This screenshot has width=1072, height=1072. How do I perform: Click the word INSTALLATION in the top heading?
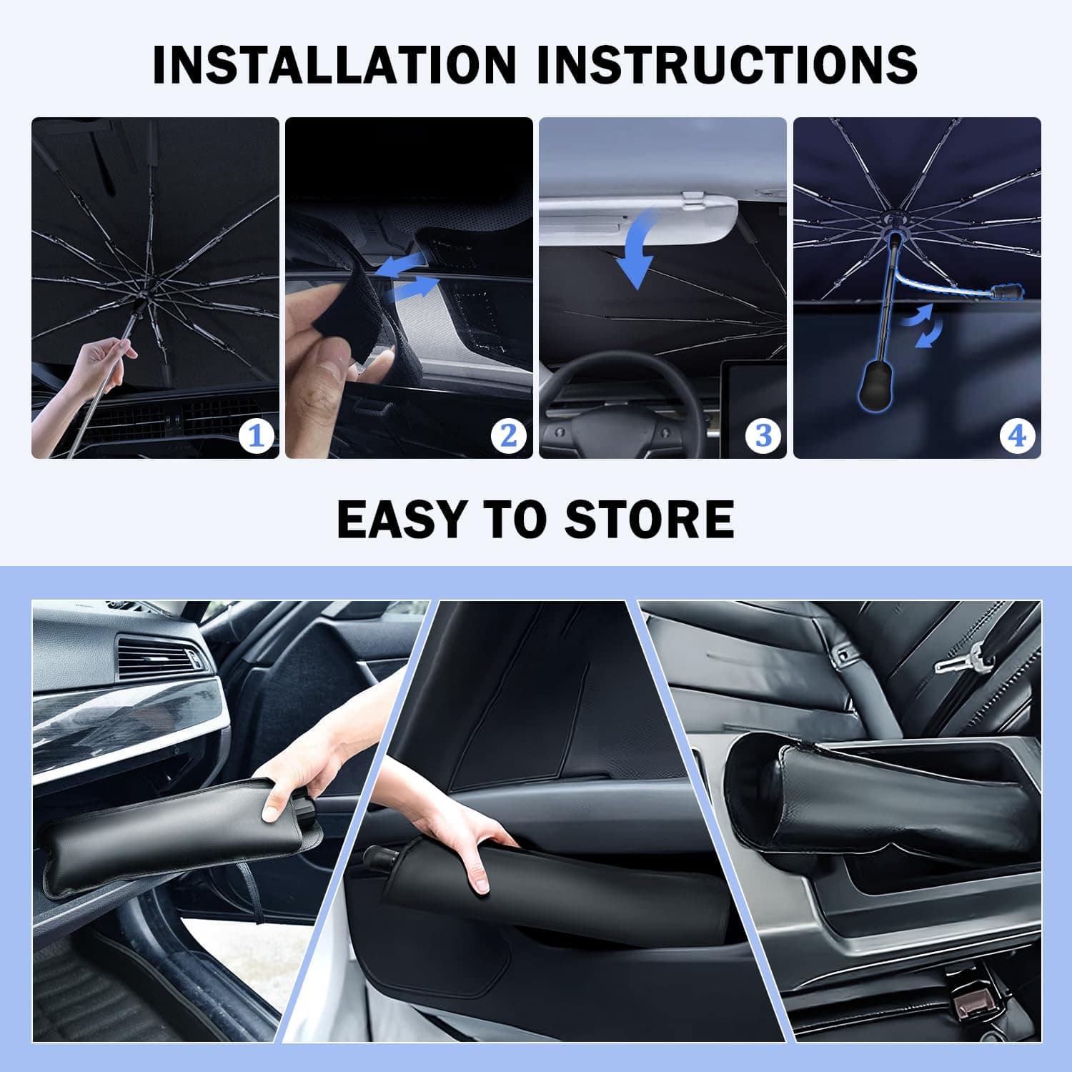(334, 64)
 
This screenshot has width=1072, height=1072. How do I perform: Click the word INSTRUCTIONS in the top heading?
(728, 64)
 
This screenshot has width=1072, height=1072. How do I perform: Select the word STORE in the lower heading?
(649, 520)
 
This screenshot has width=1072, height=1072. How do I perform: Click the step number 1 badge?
(256, 435)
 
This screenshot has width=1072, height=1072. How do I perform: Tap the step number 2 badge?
(509, 435)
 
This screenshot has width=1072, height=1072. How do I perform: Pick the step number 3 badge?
(763, 435)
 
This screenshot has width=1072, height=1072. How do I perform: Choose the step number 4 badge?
(1017, 435)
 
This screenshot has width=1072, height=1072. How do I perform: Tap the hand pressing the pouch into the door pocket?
(457, 836)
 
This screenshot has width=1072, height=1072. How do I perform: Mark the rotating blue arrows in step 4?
(923, 325)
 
